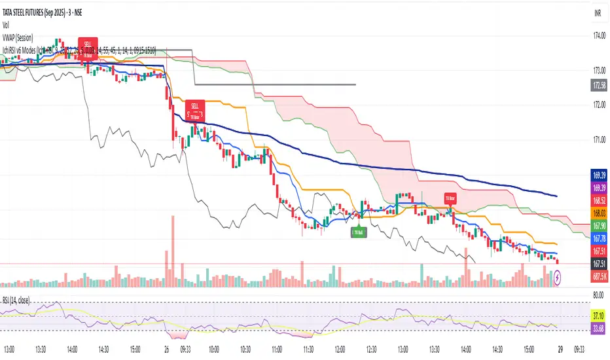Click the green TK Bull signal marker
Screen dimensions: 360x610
(357, 231)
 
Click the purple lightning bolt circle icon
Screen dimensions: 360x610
(557, 278)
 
